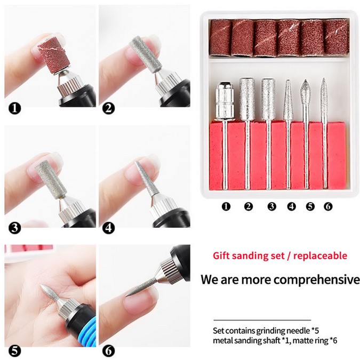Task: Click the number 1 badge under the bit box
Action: [x=226, y=206]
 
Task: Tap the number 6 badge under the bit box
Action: [x=329, y=206]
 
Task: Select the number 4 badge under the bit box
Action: [x=291, y=206]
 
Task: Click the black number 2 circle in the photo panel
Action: [x=108, y=108]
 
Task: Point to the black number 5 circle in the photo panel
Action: [x=14, y=351]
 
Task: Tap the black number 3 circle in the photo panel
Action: [x=14, y=228]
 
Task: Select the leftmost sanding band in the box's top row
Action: [x=220, y=38]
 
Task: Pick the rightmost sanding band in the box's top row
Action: [x=337, y=37]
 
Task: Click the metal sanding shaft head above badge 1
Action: [x=225, y=101]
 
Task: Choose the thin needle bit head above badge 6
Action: [x=324, y=97]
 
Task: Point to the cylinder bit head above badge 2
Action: [x=247, y=99]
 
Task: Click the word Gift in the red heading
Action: [x=220, y=256]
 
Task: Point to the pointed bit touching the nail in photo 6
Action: [x=142, y=287]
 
